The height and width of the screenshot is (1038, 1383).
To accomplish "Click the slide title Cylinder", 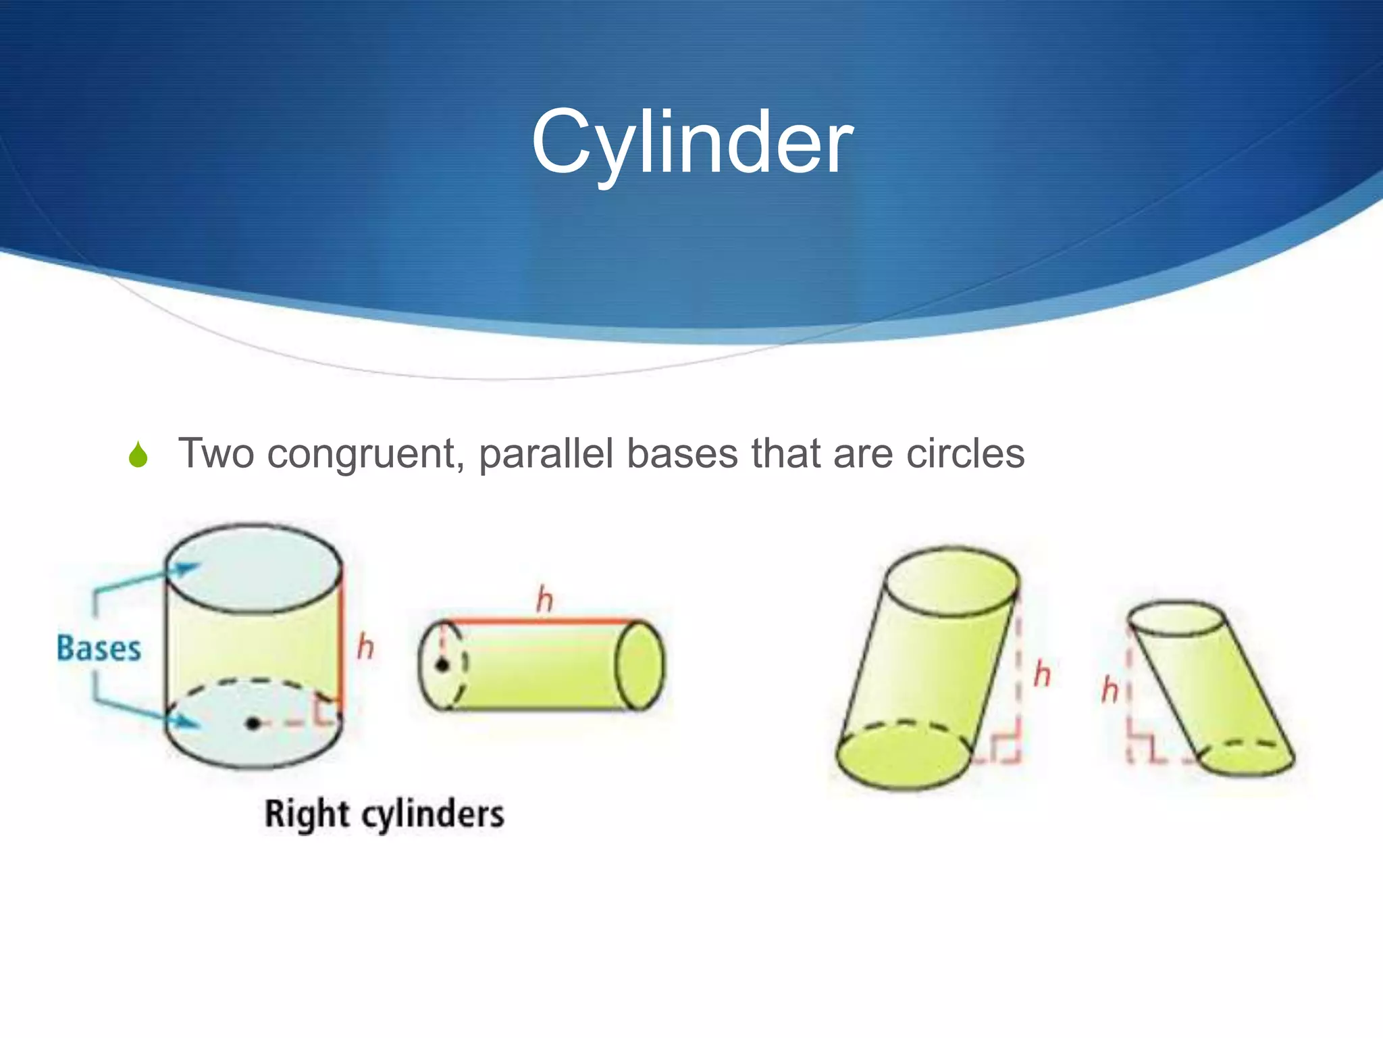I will [x=691, y=143].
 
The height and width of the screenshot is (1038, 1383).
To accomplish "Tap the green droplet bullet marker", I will [x=138, y=455].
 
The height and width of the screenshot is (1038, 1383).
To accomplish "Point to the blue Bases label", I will [x=99, y=648].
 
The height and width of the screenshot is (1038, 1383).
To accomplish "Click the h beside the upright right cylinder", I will [x=365, y=647].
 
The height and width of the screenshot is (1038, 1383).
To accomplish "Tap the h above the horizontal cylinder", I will [x=544, y=599].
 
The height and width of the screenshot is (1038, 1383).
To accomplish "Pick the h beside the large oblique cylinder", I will [x=1042, y=675].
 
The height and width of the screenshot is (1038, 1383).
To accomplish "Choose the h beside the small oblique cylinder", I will [x=1110, y=690].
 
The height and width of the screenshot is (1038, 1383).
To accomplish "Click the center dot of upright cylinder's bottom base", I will [x=253, y=724].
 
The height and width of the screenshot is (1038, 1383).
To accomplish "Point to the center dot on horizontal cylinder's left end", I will [x=442, y=666].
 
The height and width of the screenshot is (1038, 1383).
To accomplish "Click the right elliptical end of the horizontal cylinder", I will [x=640, y=666].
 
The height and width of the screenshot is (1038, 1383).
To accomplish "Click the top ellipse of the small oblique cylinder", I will [x=1176, y=618].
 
